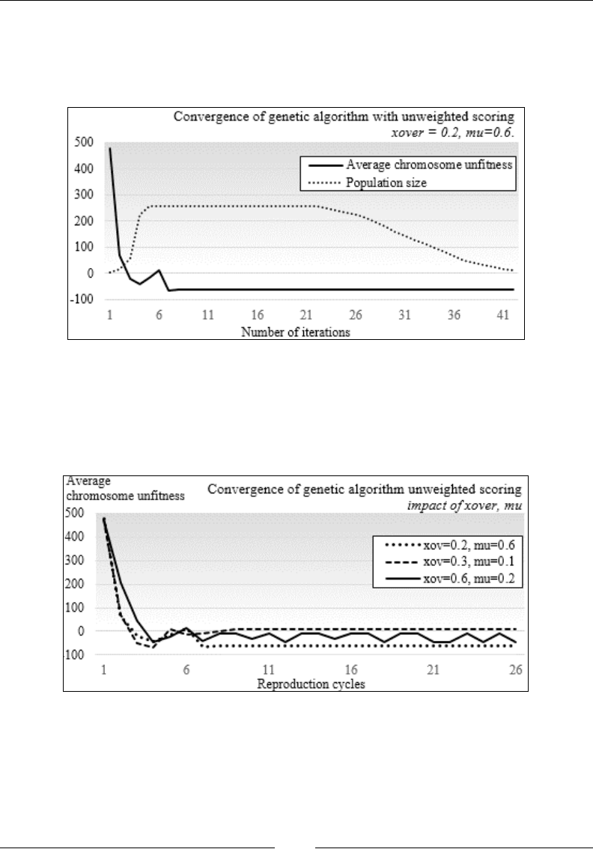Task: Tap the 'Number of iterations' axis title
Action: pyautogui.click(x=296, y=332)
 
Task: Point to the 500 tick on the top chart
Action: pyautogui.click(x=85, y=142)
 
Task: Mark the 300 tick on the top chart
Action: pyautogui.click(x=85, y=195)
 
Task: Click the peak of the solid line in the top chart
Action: pyautogui.click(x=110, y=148)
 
